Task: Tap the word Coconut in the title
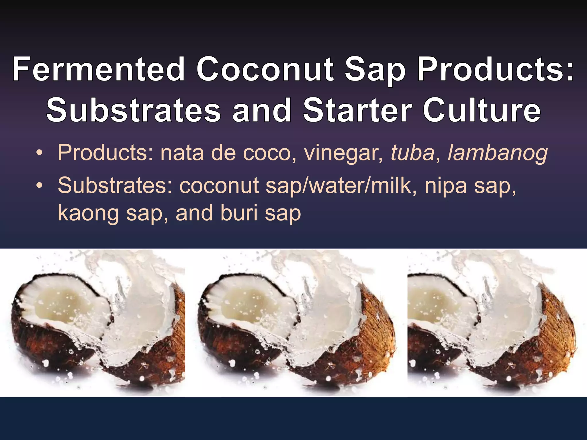click(265, 69)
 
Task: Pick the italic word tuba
click(413, 153)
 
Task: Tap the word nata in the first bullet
click(182, 153)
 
